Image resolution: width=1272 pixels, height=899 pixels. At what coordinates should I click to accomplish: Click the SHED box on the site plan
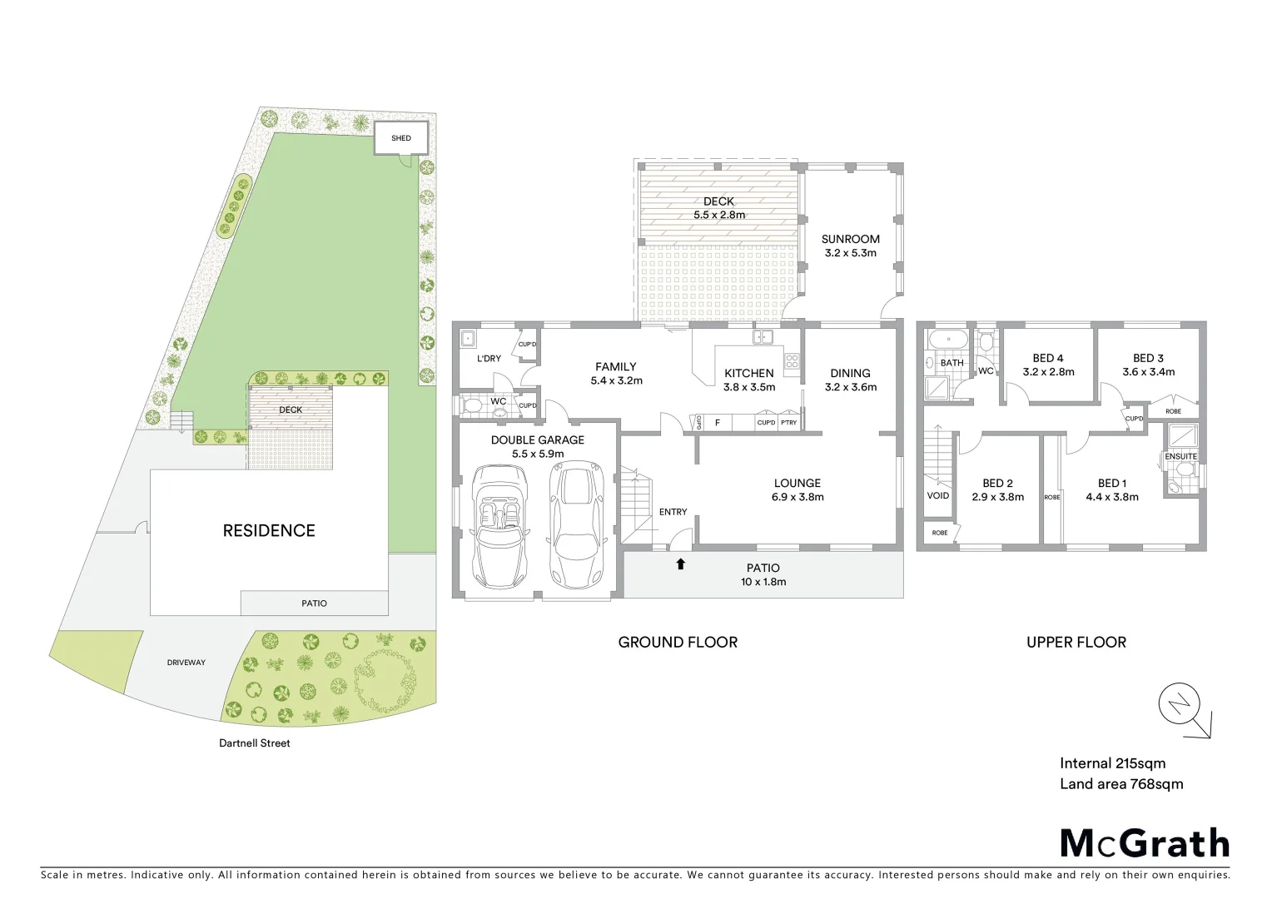point(401,138)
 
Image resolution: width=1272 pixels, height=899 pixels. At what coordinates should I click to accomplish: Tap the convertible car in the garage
point(496,526)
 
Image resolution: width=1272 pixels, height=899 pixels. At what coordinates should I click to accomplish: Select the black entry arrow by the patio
point(680,564)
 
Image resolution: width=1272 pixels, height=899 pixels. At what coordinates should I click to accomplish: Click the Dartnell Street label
point(255,743)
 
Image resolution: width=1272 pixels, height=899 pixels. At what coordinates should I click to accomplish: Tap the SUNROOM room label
point(850,239)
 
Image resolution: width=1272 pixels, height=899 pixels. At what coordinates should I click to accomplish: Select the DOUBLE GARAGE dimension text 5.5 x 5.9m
point(538,454)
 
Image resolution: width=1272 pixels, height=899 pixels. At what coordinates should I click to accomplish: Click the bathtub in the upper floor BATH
point(947,340)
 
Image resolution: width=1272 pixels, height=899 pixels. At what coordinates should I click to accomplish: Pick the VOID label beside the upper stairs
point(938,495)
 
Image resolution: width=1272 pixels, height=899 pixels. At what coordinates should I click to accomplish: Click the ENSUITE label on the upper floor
point(1180,456)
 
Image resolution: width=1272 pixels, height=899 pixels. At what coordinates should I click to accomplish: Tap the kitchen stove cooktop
point(791,361)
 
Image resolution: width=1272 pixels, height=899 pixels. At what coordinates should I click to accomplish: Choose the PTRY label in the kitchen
point(788,423)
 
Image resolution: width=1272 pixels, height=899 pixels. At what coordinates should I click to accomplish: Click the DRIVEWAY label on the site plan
point(186,663)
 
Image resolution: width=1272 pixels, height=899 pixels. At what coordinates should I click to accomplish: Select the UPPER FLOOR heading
point(1076,642)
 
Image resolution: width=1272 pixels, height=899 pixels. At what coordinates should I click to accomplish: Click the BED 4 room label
point(1048,358)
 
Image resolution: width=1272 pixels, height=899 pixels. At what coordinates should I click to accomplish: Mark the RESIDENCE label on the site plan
point(269,530)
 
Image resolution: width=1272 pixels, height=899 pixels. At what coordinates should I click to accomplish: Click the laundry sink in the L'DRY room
point(468,339)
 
